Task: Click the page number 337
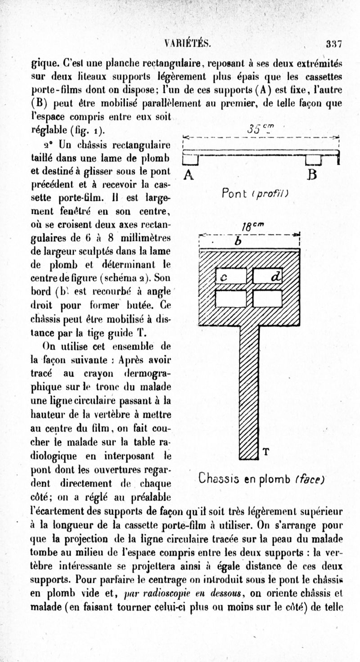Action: pyautogui.click(x=335, y=44)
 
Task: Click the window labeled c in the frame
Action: pyautogui.click(x=231, y=276)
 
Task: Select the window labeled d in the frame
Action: pyautogui.click(x=268, y=276)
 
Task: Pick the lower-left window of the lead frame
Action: pyautogui.click(x=231, y=298)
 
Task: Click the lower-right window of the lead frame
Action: pyautogui.click(x=268, y=298)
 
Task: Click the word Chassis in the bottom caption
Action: pyautogui.click(x=224, y=477)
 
